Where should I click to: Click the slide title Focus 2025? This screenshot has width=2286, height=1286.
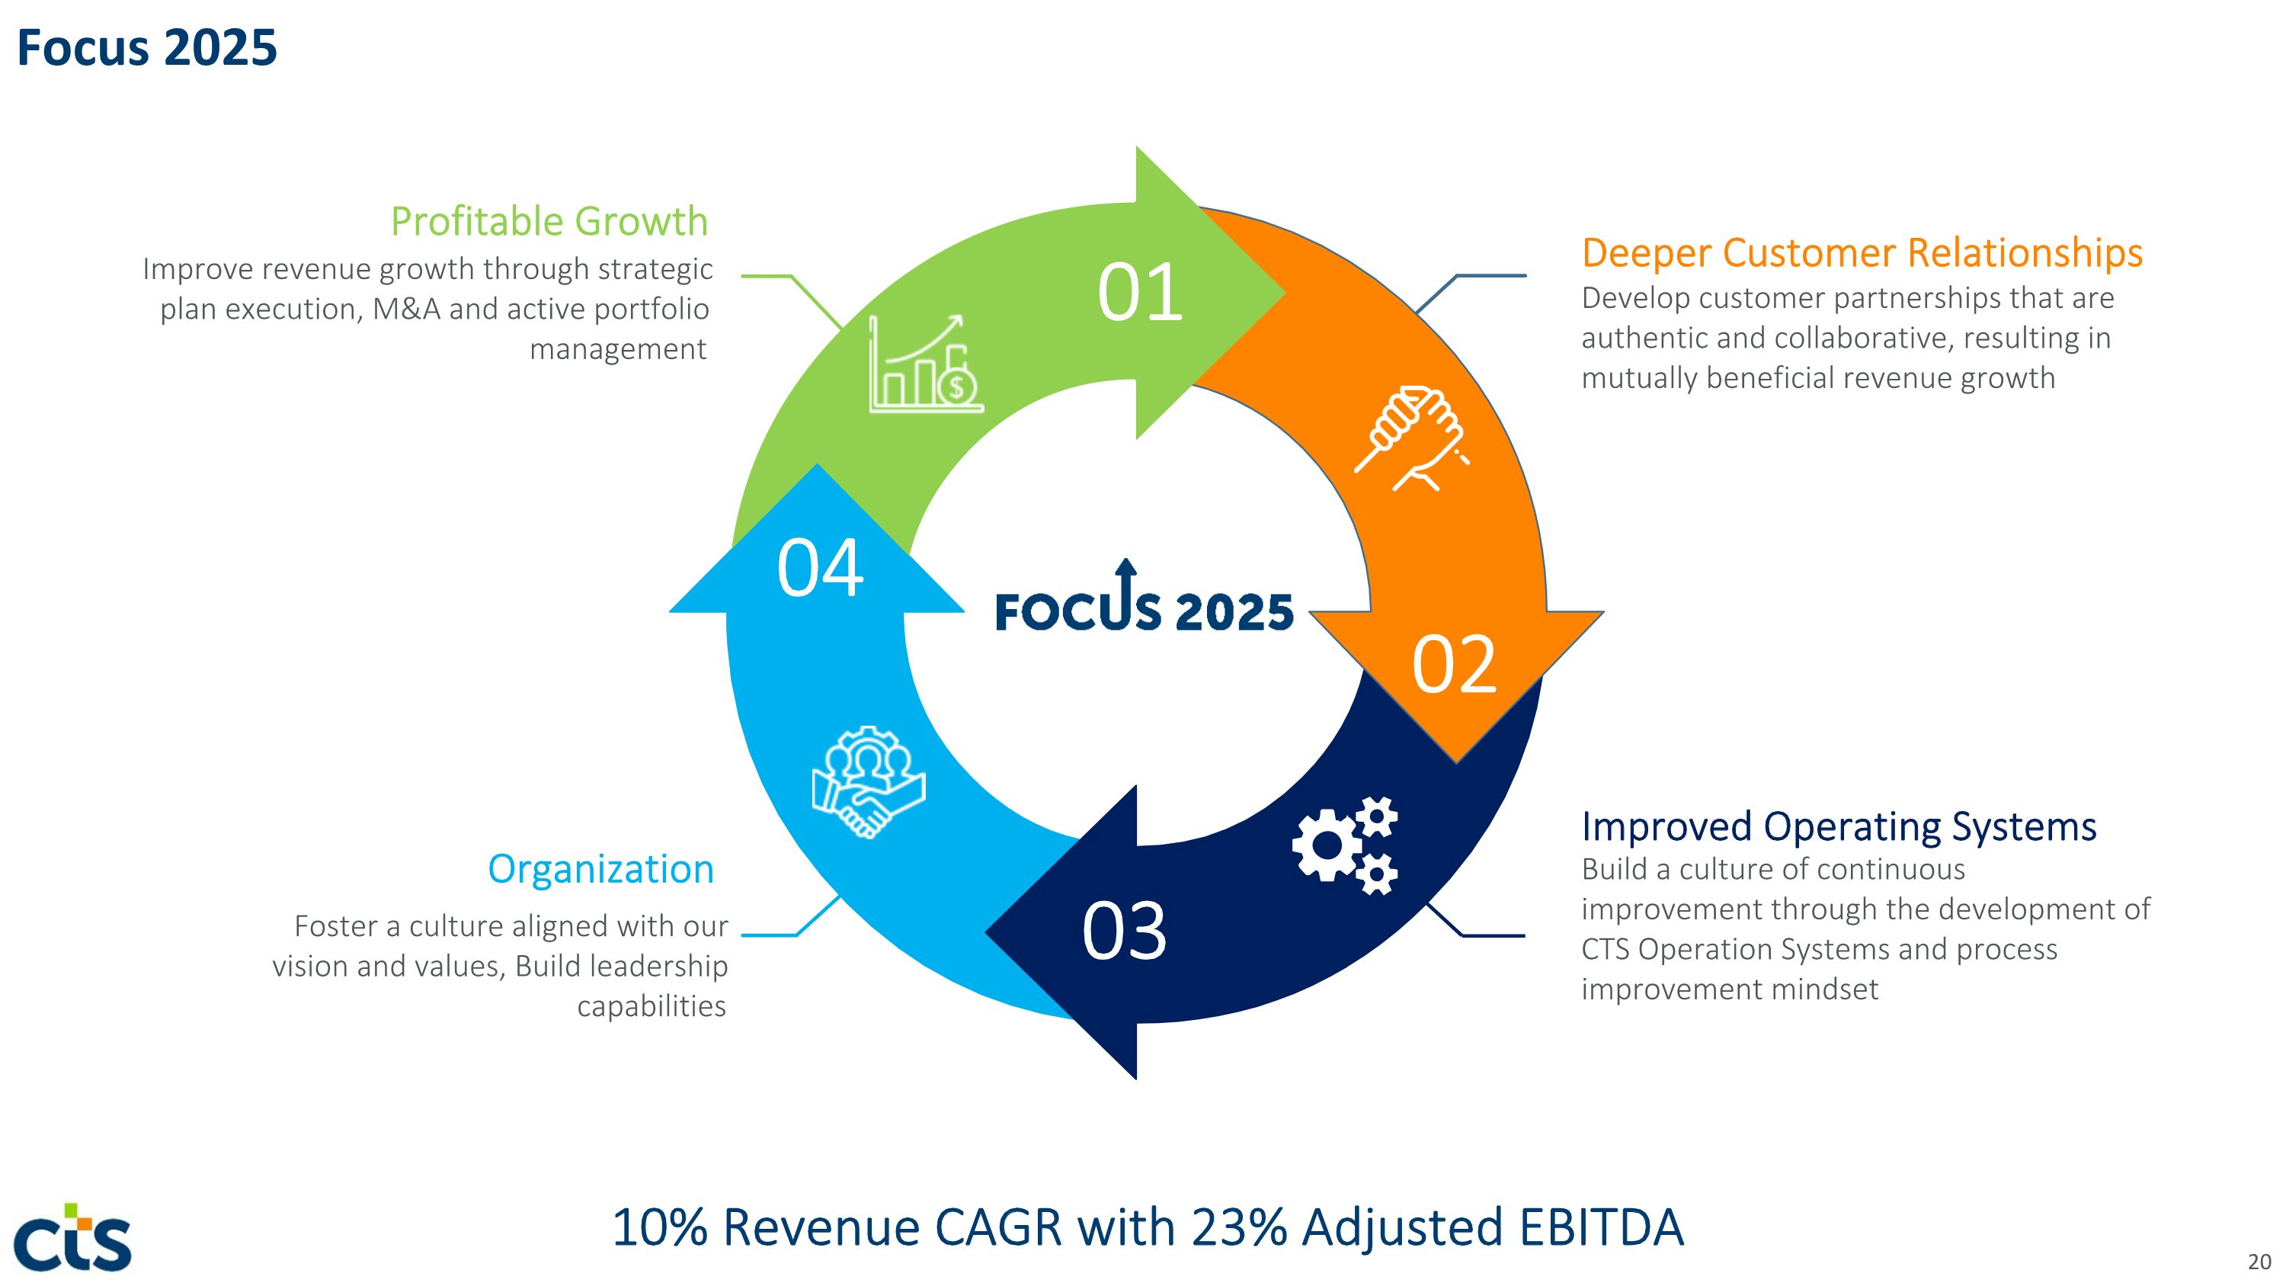(146, 47)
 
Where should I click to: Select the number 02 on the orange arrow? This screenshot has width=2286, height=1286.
(1455, 664)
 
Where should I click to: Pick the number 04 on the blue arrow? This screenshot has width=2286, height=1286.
(820, 568)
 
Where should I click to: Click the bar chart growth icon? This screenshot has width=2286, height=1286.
(926, 363)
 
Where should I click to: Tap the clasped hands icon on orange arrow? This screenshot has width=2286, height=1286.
(1412, 438)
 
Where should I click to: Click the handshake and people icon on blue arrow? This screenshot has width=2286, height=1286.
(869, 782)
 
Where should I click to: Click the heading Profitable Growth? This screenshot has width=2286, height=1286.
(549, 221)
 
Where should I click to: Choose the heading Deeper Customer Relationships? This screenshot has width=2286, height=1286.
(1862, 253)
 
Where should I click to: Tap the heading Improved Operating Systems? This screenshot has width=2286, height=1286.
(1839, 826)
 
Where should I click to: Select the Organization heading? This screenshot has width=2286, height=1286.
(600, 869)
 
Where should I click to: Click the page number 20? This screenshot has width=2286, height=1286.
(2259, 1261)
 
